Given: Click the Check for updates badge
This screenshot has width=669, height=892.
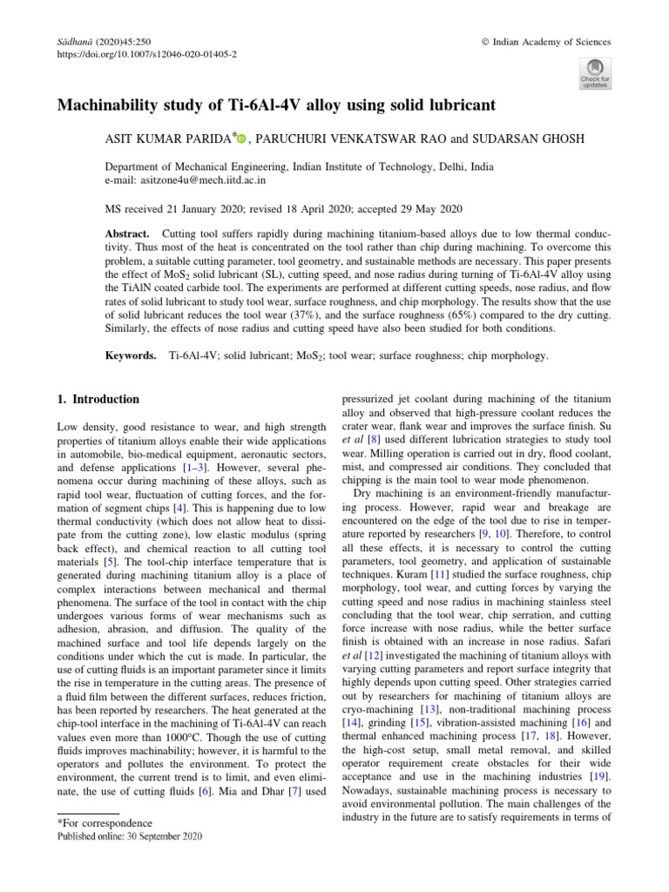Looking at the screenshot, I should pos(595,73).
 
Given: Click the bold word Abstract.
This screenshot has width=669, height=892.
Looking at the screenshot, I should pos(128,235).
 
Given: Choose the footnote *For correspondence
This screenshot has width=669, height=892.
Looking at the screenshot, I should pos(104,822).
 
